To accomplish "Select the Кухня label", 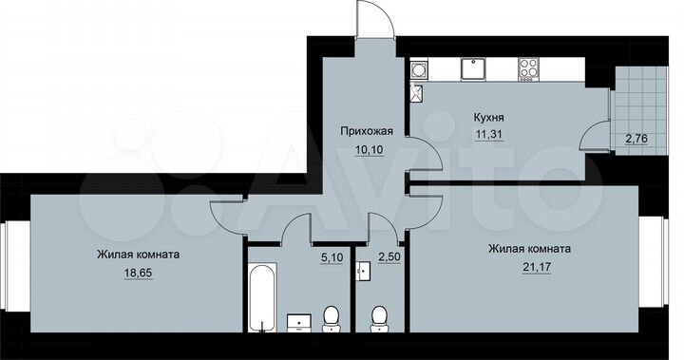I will pyautogui.click(x=488, y=118).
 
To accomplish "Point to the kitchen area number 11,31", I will pyautogui.click(x=488, y=134).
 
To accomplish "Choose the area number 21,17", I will pyautogui.click(x=529, y=266).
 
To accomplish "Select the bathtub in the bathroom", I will pyautogui.click(x=260, y=295).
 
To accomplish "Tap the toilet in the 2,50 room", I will pyautogui.click(x=379, y=317).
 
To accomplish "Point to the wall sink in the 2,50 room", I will pyautogui.click(x=362, y=272).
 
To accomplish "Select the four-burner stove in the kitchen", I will pyautogui.click(x=529, y=68).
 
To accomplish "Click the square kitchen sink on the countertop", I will pyautogui.click(x=471, y=68).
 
